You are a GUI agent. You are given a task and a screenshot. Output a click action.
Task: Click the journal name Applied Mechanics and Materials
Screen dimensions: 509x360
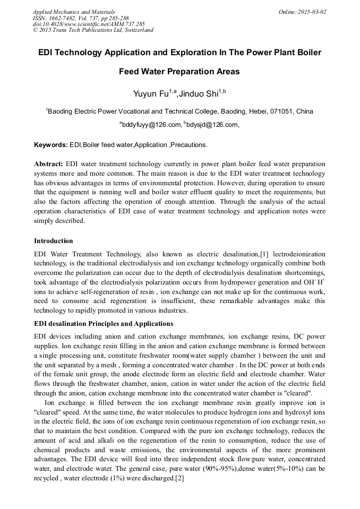click(73, 11)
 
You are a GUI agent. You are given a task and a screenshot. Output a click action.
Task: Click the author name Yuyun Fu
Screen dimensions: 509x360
click(150, 94)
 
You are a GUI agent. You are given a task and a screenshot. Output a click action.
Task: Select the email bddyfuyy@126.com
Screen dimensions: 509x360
click(151, 125)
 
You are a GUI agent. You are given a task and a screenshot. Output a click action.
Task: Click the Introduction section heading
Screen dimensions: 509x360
click(54, 241)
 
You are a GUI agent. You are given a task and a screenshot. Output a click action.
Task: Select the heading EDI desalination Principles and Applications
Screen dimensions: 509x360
click(104, 323)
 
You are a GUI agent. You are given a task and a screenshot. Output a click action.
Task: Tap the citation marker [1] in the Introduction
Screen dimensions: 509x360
click(264, 255)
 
